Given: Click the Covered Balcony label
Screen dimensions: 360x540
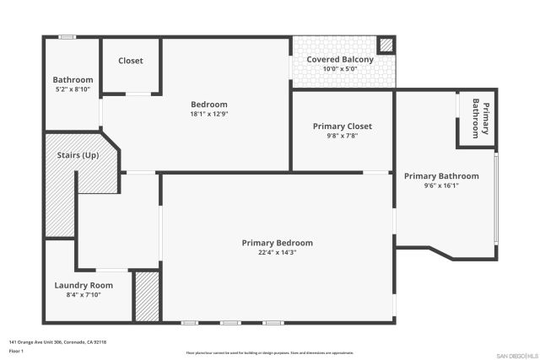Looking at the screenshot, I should point(339,60).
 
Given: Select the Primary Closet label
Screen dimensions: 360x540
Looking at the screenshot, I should point(342,126).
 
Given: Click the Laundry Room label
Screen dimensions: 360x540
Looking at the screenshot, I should point(84,285).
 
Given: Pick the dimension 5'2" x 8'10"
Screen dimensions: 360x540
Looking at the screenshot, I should point(73,89).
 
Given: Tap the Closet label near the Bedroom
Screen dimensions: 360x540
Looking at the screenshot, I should point(130,61).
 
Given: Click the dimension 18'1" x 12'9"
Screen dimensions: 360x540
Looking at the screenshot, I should point(208,114).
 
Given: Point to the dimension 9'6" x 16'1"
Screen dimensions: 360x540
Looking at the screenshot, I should point(440,185).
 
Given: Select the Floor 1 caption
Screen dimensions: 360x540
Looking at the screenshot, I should point(16,350).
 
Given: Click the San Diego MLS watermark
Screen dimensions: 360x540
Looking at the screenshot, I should point(516,354).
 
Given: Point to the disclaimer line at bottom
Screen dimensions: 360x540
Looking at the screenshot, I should point(269,352).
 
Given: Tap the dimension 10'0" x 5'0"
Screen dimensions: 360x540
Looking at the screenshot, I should point(339,69).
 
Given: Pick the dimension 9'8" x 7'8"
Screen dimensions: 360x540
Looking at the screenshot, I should point(342,136).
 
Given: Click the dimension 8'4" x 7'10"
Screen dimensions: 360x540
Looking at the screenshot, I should point(84,294).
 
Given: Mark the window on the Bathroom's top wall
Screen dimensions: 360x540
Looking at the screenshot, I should point(66,36).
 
